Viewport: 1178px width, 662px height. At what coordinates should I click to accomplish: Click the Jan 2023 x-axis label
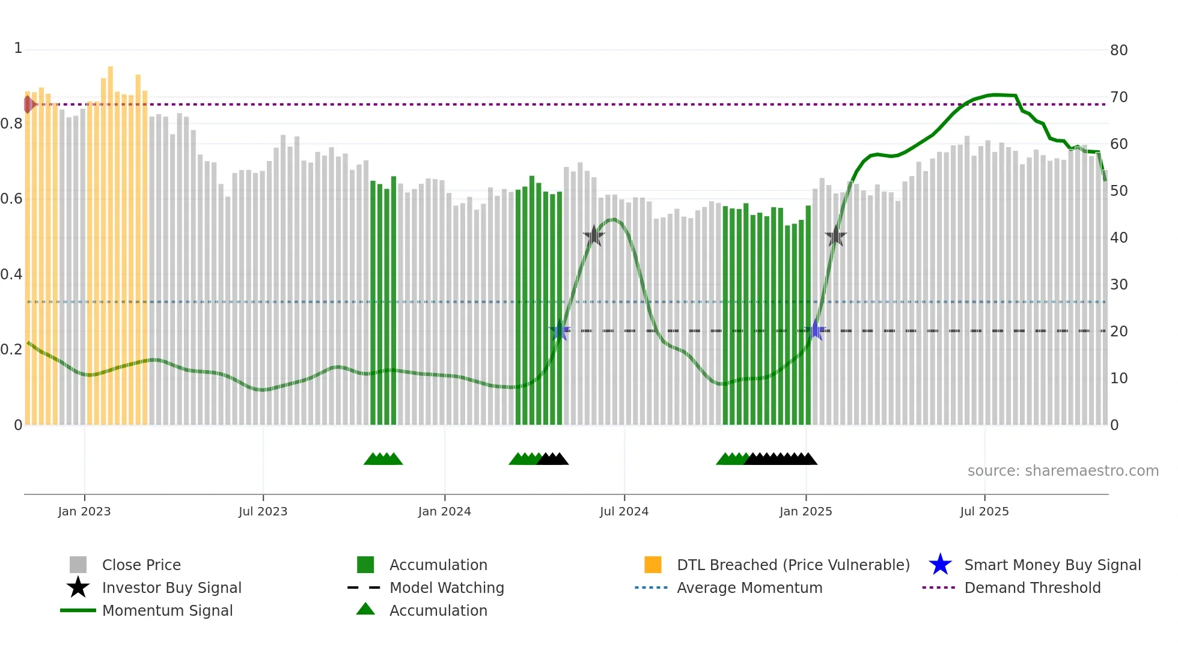(x=84, y=511)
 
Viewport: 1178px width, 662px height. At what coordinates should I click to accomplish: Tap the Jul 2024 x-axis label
(x=624, y=511)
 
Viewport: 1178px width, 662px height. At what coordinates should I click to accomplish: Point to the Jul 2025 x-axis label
(x=984, y=511)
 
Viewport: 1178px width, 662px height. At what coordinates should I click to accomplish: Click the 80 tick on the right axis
(x=1118, y=50)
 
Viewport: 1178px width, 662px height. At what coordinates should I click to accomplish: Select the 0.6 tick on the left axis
(x=11, y=199)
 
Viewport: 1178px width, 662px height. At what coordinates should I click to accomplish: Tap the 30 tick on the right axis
(x=1118, y=285)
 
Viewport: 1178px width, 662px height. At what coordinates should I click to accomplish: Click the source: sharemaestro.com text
(x=1063, y=471)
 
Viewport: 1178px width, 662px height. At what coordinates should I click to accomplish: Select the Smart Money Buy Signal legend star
(x=940, y=565)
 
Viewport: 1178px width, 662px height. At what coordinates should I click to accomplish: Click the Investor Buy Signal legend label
(x=171, y=588)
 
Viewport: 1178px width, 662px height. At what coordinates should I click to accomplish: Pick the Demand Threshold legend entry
(x=1032, y=588)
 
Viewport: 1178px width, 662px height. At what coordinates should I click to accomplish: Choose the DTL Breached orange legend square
(x=653, y=565)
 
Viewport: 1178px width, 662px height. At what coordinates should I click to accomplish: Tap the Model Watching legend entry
(x=446, y=588)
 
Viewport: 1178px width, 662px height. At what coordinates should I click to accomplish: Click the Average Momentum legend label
(x=749, y=588)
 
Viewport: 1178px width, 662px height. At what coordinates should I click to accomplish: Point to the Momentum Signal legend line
(x=78, y=610)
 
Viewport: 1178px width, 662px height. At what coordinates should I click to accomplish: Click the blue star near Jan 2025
(x=816, y=330)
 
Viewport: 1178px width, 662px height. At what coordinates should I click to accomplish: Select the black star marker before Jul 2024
(x=594, y=236)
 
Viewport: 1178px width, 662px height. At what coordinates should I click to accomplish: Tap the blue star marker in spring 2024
(x=560, y=330)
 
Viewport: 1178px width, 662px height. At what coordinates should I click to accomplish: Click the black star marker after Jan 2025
(x=835, y=236)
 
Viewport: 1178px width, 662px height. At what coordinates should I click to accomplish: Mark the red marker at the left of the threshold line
(x=29, y=105)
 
